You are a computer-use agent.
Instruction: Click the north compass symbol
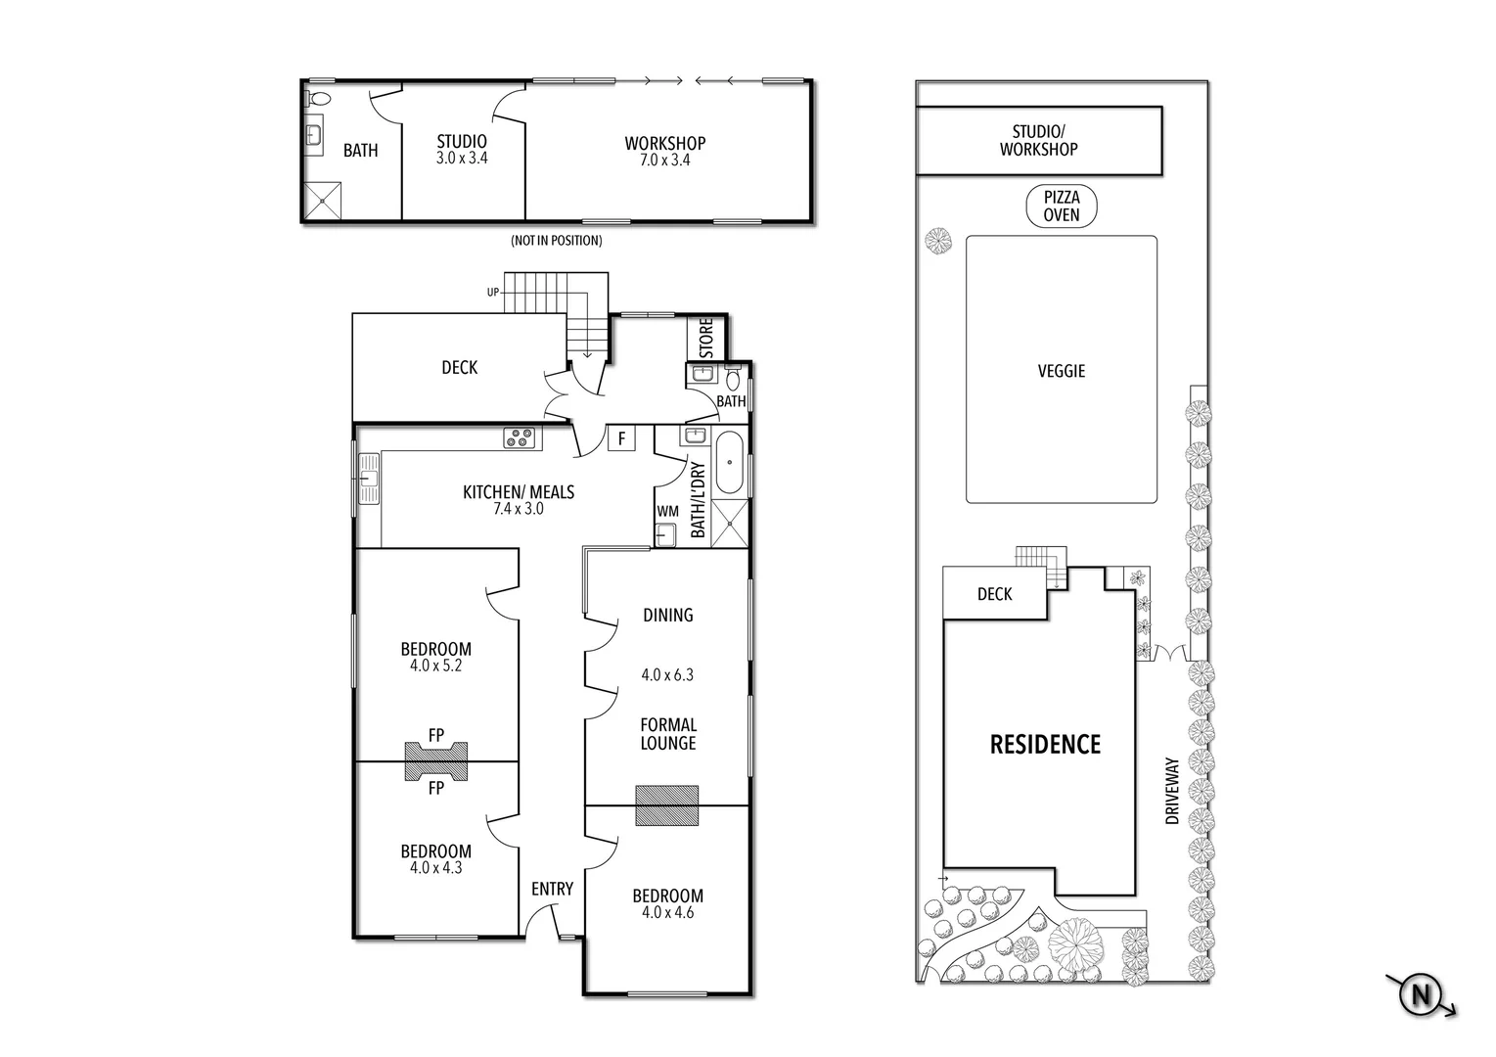(x=1421, y=996)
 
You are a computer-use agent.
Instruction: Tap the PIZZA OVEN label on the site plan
(x=1061, y=207)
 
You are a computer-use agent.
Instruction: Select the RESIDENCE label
(x=1045, y=745)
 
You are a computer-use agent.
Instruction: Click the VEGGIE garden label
(x=1061, y=371)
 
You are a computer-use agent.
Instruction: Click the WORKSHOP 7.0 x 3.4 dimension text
(x=665, y=160)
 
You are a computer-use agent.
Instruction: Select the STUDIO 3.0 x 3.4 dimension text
(x=462, y=158)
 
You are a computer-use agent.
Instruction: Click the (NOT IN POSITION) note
(x=556, y=241)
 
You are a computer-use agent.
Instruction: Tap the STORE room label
(x=706, y=338)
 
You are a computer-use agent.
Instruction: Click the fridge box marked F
(x=620, y=438)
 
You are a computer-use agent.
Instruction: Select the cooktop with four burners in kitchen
(x=521, y=438)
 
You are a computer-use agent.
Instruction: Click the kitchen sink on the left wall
(x=369, y=479)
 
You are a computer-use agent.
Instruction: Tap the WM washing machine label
(x=667, y=511)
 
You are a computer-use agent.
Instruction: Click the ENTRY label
(x=552, y=889)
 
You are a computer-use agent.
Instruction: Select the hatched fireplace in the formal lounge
(x=666, y=805)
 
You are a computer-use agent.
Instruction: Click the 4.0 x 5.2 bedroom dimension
(x=435, y=666)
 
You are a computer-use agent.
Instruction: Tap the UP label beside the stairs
(x=494, y=292)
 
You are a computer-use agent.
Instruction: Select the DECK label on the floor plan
(x=459, y=367)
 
